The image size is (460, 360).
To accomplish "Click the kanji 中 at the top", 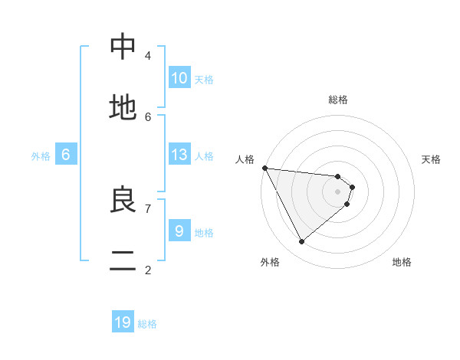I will coord(123,47).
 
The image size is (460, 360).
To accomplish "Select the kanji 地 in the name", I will coord(123,108).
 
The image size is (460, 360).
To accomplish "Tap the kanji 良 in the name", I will coord(123,200).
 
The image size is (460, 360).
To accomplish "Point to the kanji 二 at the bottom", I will coord(123,261).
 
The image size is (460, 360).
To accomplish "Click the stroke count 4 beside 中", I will coord(147,55).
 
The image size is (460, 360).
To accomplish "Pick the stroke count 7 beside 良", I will coord(147,208).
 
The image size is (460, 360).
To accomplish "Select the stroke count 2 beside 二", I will coord(147,270).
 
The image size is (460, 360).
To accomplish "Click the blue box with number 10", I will coord(179,77).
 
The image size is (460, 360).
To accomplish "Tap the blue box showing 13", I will coord(179,155).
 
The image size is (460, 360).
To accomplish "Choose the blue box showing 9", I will coord(179,230).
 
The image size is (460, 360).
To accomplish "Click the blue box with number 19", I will coord(123,322).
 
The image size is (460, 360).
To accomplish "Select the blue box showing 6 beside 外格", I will coord(66,155).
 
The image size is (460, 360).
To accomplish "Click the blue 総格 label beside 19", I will coord(147,324).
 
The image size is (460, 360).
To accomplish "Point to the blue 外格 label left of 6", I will coord(41,156).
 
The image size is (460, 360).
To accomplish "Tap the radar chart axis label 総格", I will coord(338,100).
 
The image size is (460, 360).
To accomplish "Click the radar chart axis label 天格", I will coord(432,159).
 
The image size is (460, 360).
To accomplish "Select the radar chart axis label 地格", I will coord(402,262).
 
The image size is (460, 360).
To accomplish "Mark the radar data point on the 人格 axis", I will coord(264,168).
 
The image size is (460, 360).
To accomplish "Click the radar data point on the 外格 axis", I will coord(301,241).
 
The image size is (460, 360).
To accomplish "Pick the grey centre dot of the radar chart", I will coord(338,191).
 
